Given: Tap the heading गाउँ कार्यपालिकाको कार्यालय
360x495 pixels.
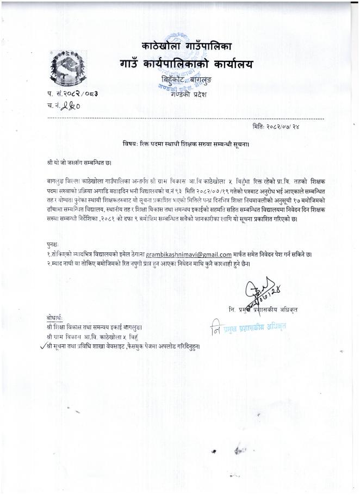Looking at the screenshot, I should (187, 65).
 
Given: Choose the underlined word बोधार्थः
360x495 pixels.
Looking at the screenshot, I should (55, 317).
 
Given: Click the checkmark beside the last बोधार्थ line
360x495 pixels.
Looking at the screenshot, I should (44, 345).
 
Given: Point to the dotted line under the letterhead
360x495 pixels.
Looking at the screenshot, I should (185, 117).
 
